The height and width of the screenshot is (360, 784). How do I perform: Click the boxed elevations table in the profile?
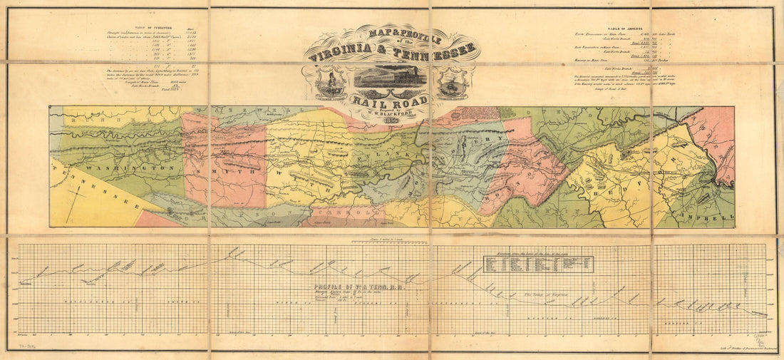pos(538,263)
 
